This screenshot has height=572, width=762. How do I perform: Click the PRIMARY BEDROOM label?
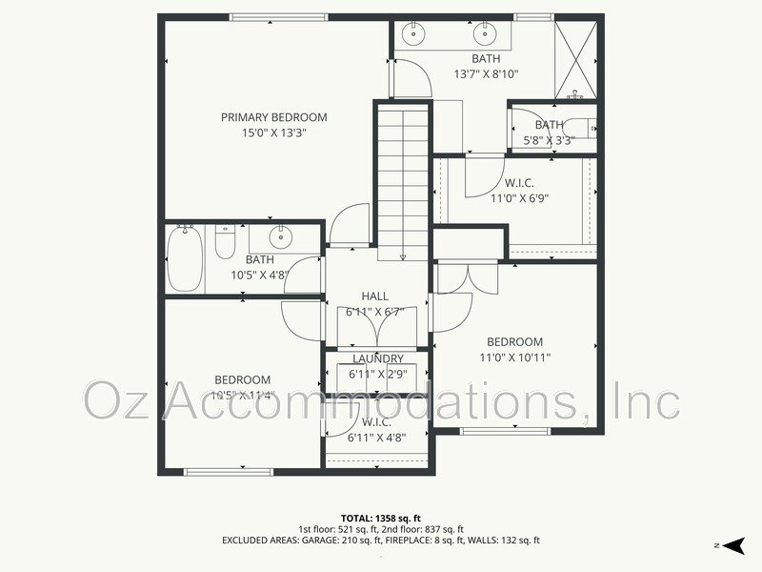(273, 117)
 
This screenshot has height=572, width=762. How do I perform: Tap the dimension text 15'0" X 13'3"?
(273, 133)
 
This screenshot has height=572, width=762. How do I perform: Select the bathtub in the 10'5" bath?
(185, 259)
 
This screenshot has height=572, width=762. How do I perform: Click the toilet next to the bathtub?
(225, 242)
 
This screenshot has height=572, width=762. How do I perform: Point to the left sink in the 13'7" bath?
(413, 35)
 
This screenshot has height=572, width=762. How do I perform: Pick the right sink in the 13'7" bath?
(485, 35)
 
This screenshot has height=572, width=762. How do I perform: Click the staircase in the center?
(403, 181)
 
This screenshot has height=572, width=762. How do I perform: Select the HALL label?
(374, 296)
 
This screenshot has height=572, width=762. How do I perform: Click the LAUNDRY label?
(378, 358)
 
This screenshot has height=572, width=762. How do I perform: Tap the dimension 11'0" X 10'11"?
(514, 357)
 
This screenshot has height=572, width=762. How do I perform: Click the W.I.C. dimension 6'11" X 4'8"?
(378, 437)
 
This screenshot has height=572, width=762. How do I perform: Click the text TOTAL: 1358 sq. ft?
(381, 518)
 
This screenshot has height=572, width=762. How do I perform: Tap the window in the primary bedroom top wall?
(279, 16)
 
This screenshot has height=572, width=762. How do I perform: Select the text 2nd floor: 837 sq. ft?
(423, 529)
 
